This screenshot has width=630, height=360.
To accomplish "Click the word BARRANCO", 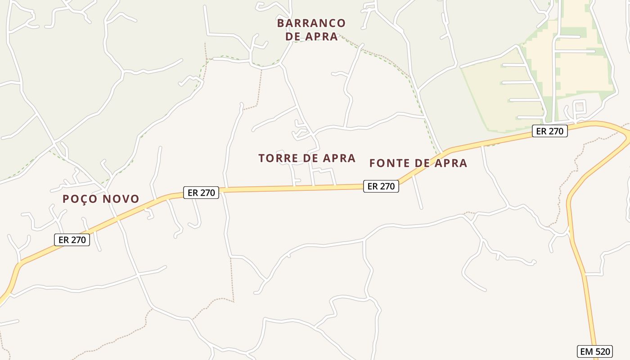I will [x=311, y=23].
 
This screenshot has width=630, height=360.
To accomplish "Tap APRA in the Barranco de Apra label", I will [x=321, y=37].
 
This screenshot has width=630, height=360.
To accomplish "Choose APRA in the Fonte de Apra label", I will [x=448, y=163].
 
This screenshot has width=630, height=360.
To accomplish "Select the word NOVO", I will [x=122, y=199].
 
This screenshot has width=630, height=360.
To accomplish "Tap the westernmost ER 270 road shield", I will [x=72, y=240].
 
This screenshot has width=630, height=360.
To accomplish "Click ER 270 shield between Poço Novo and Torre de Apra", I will [x=201, y=193].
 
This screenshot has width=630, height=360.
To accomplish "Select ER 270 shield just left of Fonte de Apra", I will [x=381, y=186].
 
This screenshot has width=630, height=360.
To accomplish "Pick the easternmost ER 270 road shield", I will [x=549, y=131].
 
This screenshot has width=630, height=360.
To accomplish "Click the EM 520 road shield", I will [x=594, y=351].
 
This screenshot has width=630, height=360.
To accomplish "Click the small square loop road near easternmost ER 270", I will [x=580, y=107].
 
